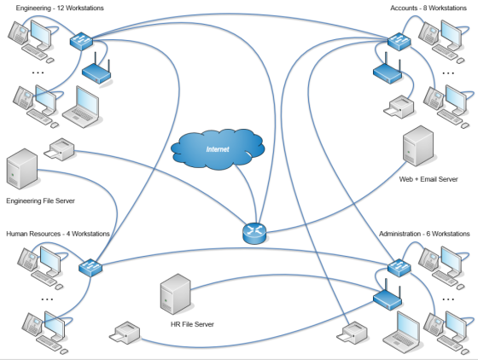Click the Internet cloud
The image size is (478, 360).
tap(218, 149)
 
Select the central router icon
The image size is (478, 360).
tap(254, 233)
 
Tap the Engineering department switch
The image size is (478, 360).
tap(81, 41)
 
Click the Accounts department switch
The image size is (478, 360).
tap(399, 42)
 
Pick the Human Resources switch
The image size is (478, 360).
tap(90, 267)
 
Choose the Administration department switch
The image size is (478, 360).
tap(399, 267)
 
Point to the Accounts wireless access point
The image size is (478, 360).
tap(388, 70)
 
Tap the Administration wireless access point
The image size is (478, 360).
tap(388, 296)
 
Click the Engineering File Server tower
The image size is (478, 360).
tap(22, 169)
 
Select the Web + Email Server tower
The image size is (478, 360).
tap(418, 146)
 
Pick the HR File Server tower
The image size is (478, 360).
tap(175, 294)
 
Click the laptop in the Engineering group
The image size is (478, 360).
tap(81, 107)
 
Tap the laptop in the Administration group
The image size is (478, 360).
tap(401, 334)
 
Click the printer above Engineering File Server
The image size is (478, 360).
tap(60, 149)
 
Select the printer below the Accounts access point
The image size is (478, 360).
tap(399, 107)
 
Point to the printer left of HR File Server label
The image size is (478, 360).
tap(125, 333)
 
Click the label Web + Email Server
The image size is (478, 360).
tap(428, 179)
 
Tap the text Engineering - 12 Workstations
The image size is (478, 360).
tap(60, 9)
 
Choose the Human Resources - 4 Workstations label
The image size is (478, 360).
tap(58, 234)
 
